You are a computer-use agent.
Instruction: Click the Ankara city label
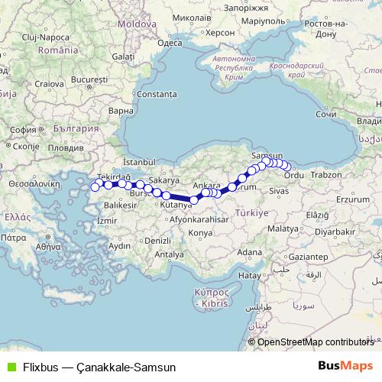pos(207,185)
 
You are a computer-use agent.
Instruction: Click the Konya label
pos(200,231)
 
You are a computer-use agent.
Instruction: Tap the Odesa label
pos(169,43)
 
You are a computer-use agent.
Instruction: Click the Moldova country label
pos(137,24)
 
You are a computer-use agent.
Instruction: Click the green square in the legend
pos(9,367)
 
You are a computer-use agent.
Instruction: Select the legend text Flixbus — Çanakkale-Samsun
pos(99,367)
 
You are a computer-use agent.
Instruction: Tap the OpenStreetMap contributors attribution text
pos(316,342)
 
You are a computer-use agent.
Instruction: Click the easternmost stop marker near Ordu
pos(287,167)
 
